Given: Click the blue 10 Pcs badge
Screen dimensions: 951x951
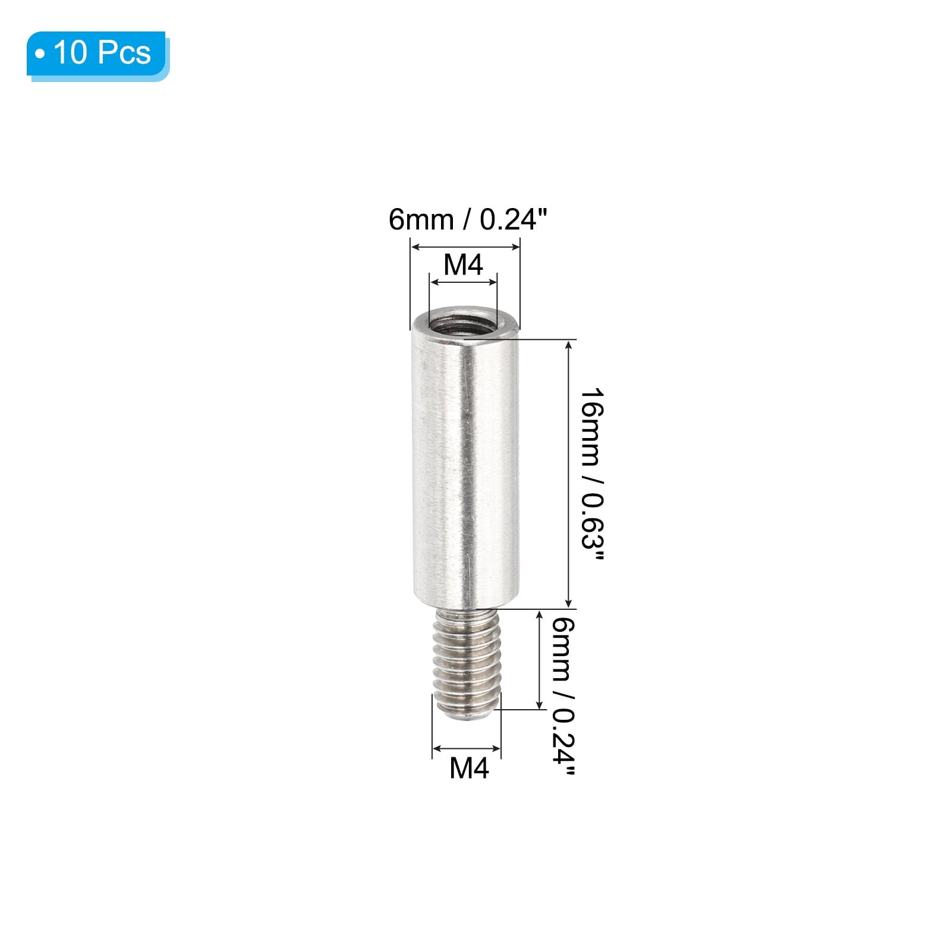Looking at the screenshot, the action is [x=98, y=55].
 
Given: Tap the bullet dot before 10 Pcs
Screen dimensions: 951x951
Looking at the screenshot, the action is [x=40, y=55].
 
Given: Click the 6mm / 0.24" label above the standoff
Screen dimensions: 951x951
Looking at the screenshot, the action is [x=467, y=219].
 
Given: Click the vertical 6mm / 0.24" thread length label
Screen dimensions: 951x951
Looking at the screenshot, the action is [x=562, y=697].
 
